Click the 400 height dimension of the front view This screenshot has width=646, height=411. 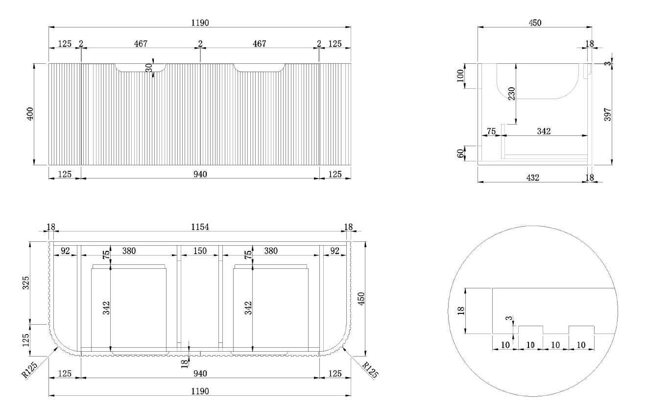(30, 114)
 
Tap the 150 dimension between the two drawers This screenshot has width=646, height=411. (200, 251)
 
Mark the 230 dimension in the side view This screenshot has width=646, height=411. (510, 93)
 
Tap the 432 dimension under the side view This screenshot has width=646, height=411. (532, 178)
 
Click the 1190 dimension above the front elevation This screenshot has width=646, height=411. (200, 23)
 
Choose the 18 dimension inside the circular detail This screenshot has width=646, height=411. (460, 310)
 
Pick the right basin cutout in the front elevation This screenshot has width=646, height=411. (260, 68)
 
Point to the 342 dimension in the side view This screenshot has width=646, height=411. (544, 131)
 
